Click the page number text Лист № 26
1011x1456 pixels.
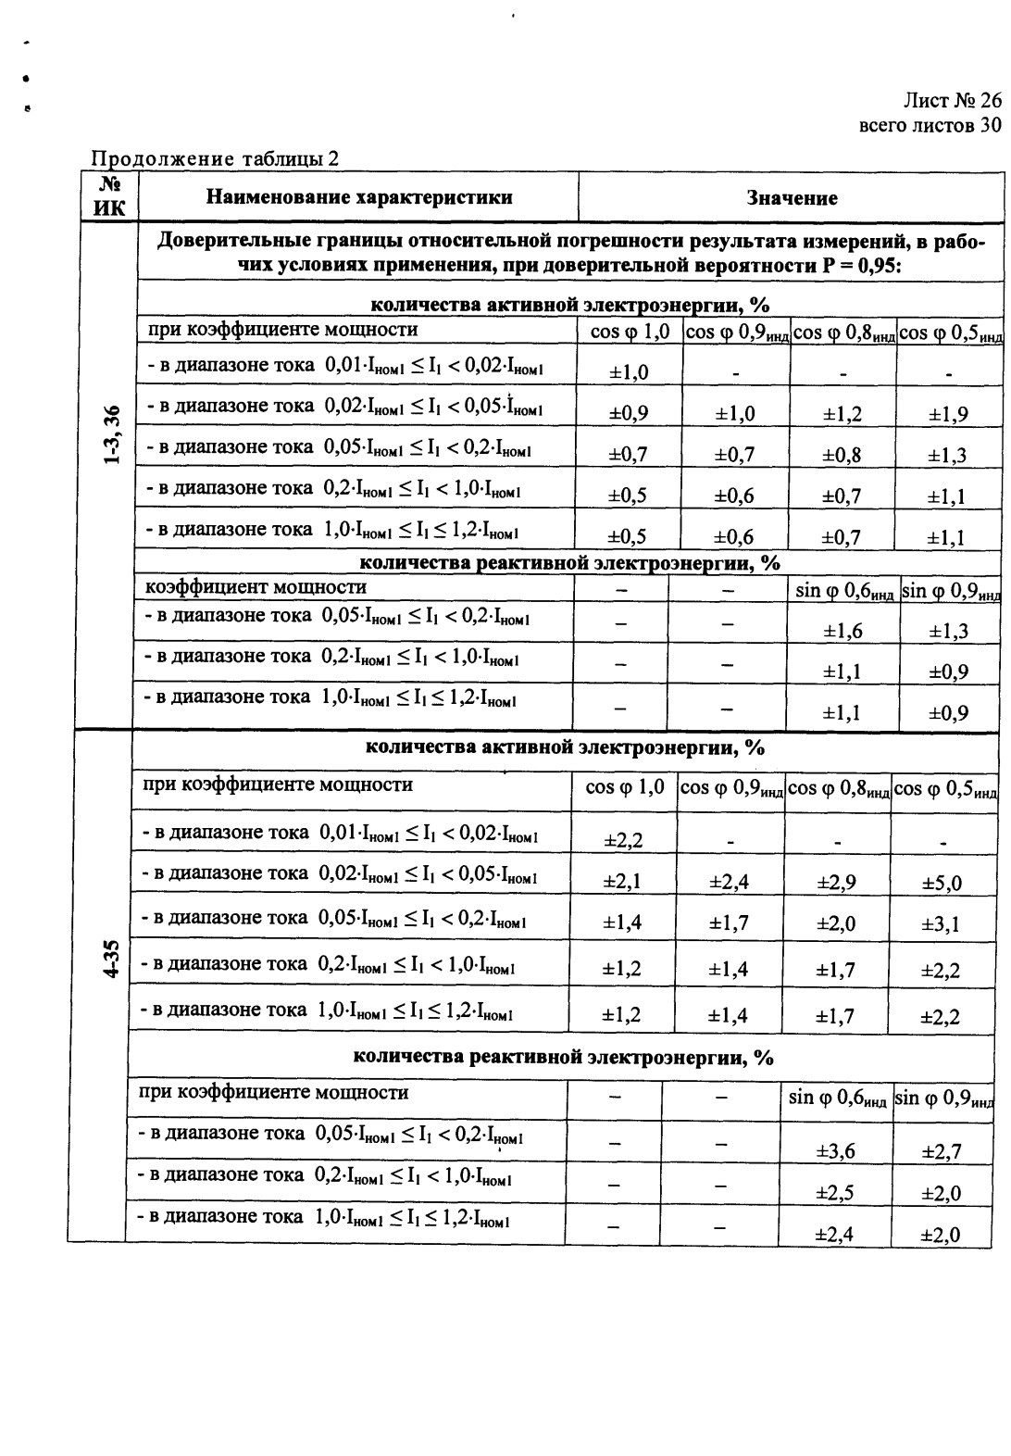point(952,102)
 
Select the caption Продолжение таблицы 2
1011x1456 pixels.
point(214,158)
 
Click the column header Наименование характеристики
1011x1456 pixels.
point(359,197)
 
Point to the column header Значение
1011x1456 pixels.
point(792,198)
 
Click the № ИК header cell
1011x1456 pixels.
point(109,197)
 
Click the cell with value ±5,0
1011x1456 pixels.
point(942,883)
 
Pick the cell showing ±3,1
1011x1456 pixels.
point(942,923)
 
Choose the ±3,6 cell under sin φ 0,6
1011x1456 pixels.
point(835,1151)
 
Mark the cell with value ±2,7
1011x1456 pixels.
point(942,1151)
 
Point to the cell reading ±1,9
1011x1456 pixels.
point(948,414)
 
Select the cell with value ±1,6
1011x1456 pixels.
point(842,632)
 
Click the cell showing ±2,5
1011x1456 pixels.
point(835,1193)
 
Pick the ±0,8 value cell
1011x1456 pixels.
point(842,455)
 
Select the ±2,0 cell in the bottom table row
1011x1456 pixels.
point(942,1235)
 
